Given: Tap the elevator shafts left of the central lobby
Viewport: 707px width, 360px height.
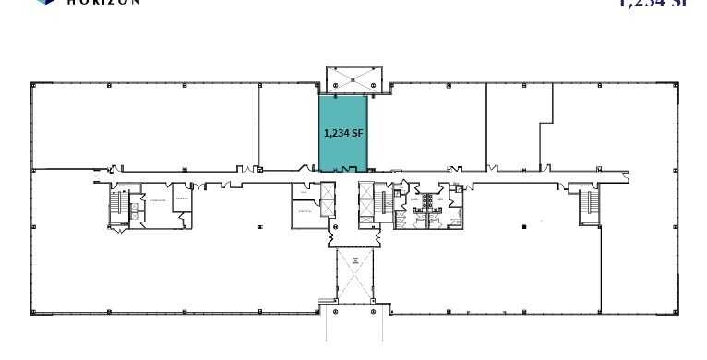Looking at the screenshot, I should point(327,200).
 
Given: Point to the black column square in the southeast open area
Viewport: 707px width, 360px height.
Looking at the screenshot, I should point(523,225).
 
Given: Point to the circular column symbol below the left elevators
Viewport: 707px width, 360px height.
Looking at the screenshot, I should point(335,227).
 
